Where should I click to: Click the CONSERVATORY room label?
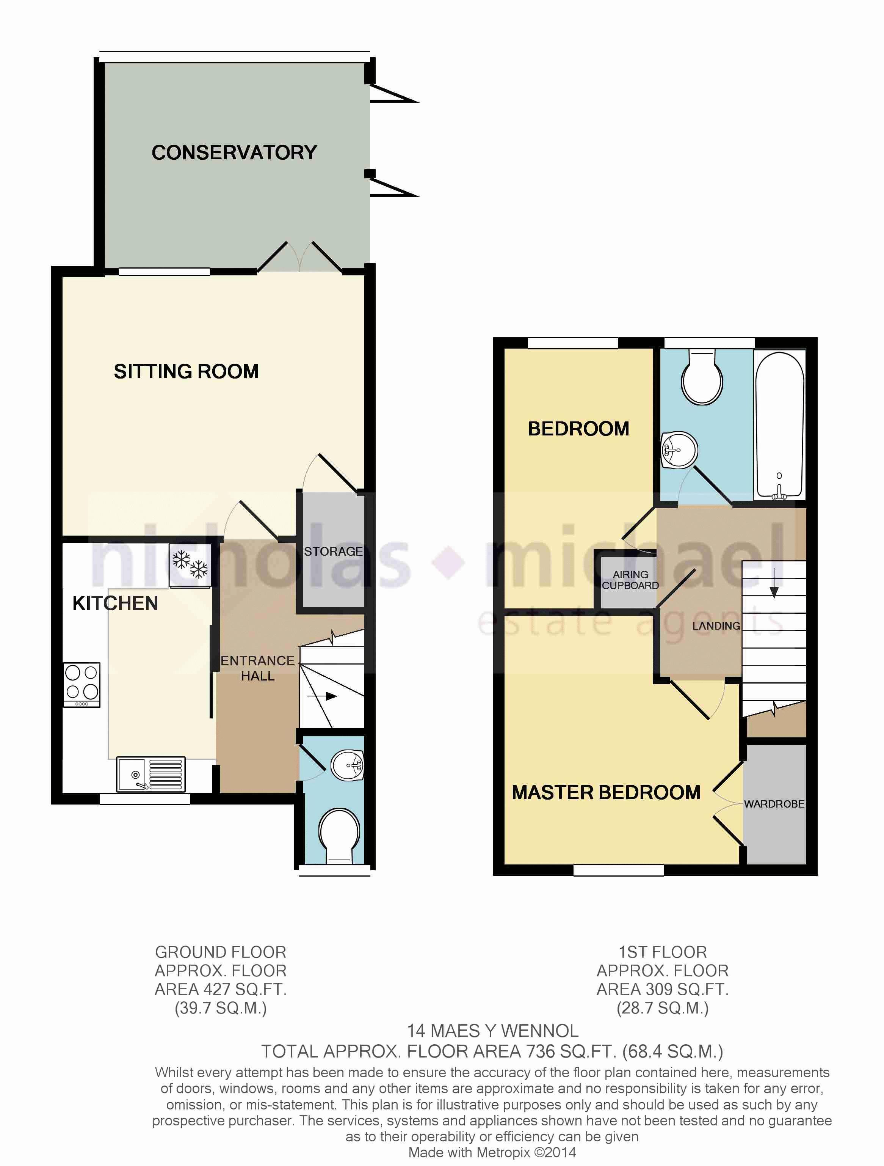pos(234,152)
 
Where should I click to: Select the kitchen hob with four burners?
pos(82,685)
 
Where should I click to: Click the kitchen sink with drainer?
pos(150,774)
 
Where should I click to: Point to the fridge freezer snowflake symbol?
pos(190,564)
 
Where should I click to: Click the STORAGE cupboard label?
pos(333,552)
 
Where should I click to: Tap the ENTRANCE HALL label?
pos(258,668)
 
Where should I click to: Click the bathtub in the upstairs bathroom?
pos(779,425)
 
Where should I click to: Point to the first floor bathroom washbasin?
pos(679,449)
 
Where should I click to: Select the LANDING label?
pos(716,626)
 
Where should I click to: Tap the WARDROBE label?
pos(774,804)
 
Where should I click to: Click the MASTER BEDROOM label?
pos(606,792)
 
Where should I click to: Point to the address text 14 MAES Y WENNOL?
pos(492,1031)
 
